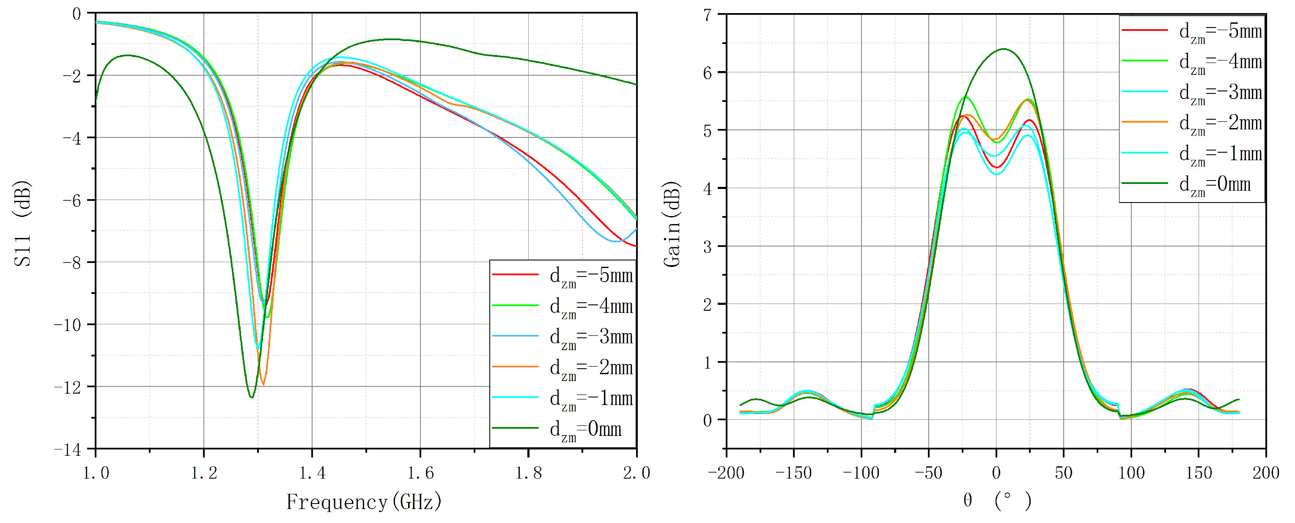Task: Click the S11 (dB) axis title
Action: [22, 223]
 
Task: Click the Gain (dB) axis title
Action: [672, 224]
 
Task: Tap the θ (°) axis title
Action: [997, 501]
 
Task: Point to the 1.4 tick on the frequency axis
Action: [312, 473]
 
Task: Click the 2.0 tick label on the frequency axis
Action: [637, 473]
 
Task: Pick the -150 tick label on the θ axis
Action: [793, 473]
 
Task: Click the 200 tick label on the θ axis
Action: [1265, 473]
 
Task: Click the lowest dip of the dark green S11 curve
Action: [251, 398]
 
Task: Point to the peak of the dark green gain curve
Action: [1004, 49]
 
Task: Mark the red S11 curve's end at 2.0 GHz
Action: [637, 246]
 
